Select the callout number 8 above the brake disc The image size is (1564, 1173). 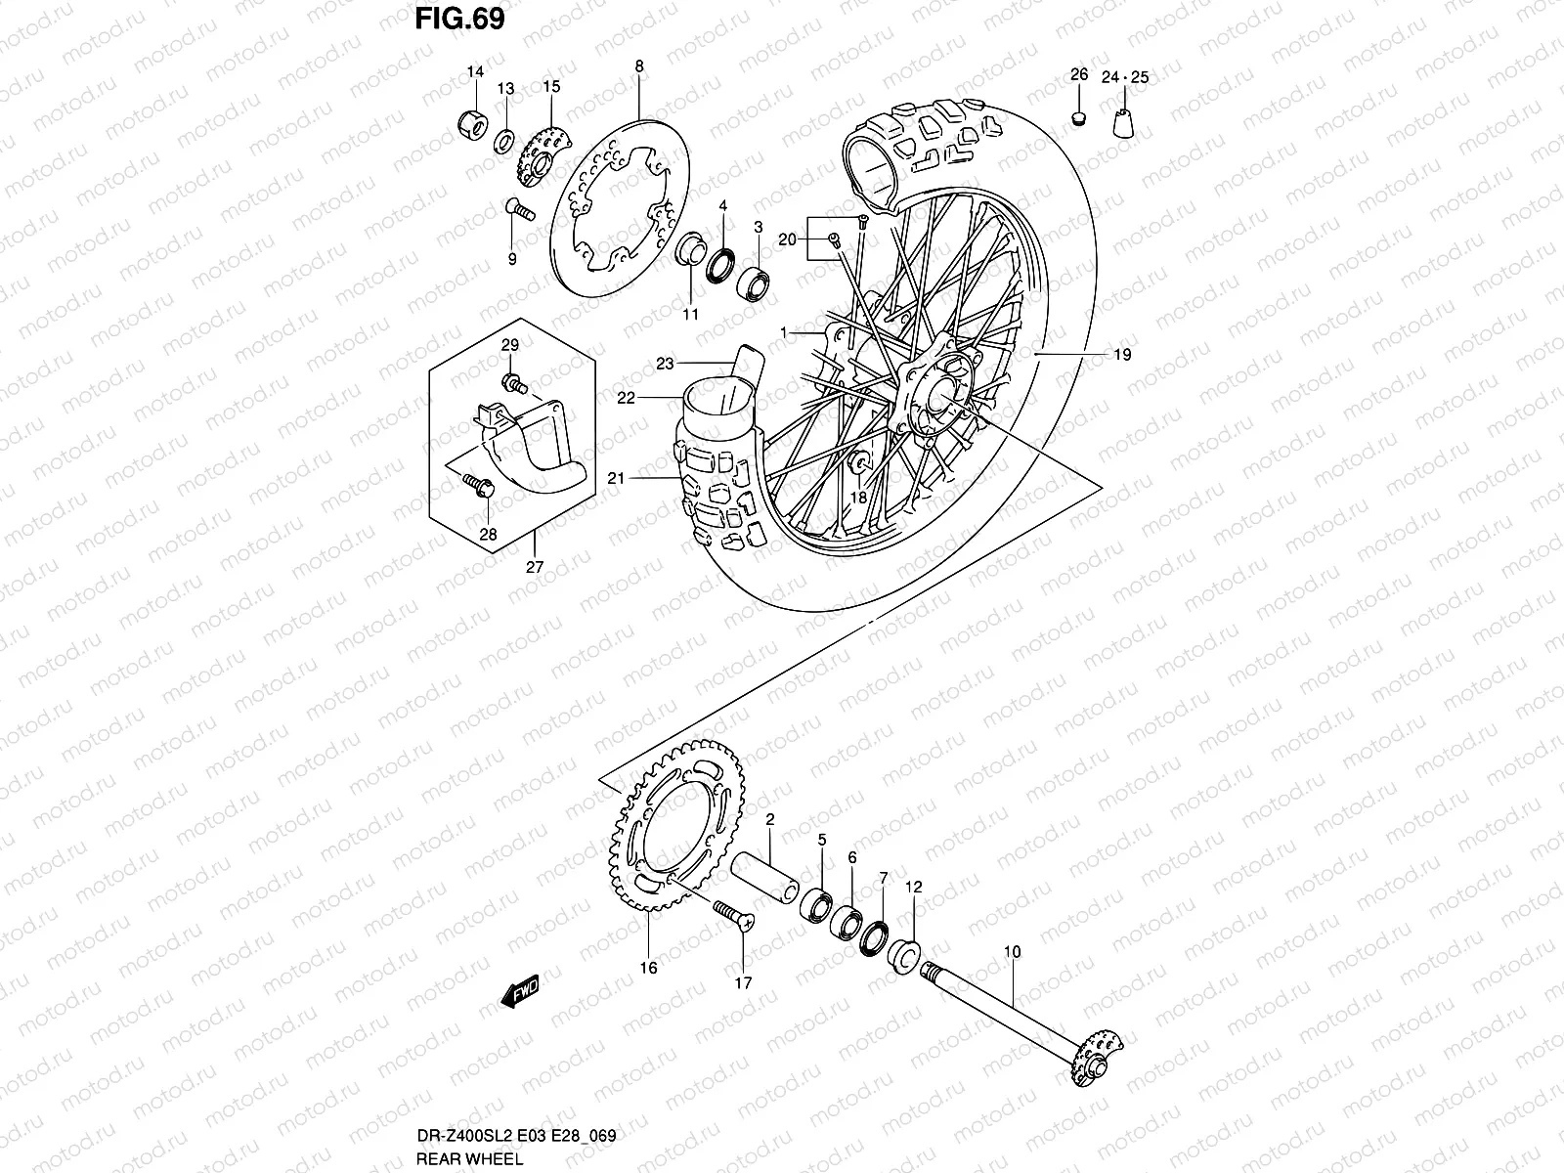coord(638,66)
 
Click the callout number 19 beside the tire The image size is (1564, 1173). coord(1121,355)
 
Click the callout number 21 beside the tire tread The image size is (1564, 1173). coord(615,478)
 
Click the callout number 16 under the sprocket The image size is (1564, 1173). coord(649,968)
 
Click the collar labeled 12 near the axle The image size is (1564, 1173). coord(904,952)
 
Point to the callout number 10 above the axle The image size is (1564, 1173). coord(1012,951)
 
